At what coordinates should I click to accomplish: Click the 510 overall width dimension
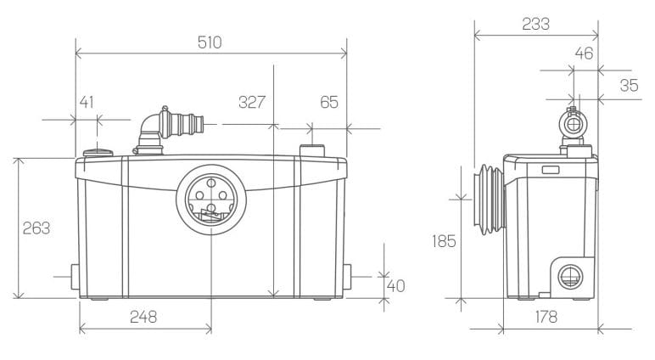tap(210, 42)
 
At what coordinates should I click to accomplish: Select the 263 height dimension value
tap(36, 228)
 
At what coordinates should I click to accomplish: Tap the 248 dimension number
tap(143, 317)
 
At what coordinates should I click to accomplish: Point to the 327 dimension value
tap(252, 102)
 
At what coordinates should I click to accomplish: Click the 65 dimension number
tap(329, 102)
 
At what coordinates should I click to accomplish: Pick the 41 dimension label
tap(87, 102)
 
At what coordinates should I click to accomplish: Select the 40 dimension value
tap(396, 286)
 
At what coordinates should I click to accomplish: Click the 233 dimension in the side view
tap(536, 25)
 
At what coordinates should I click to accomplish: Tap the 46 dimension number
tap(584, 53)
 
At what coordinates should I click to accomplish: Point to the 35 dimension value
tap(629, 85)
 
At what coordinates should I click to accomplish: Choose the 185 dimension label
tap(444, 241)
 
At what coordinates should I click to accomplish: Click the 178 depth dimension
tap(546, 317)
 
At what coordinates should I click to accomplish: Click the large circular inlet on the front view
tap(211, 200)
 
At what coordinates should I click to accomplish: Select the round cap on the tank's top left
tap(98, 153)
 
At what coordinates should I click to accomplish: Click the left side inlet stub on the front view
tap(75, 277)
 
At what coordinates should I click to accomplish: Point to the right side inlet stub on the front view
tap(347, 277)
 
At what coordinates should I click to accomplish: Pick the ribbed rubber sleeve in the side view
tap(490, 200)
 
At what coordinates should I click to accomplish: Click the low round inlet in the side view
tap(570, 277)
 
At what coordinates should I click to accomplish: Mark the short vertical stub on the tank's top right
tap(312, 150)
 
